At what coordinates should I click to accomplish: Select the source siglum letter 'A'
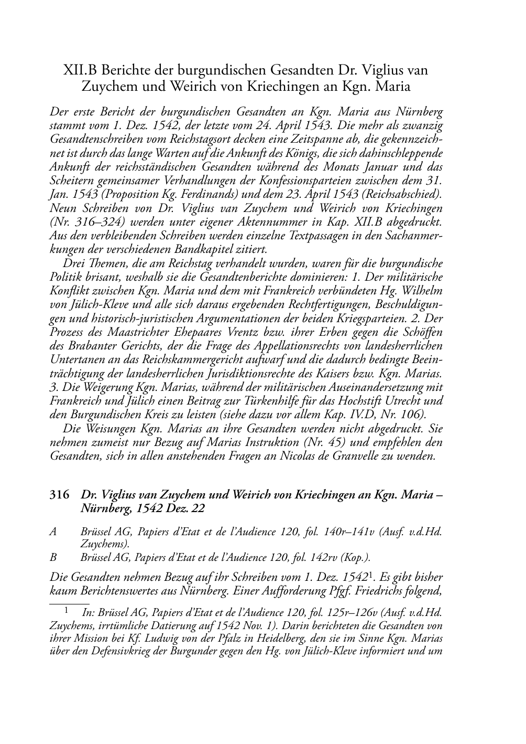click(x=53, y=532)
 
